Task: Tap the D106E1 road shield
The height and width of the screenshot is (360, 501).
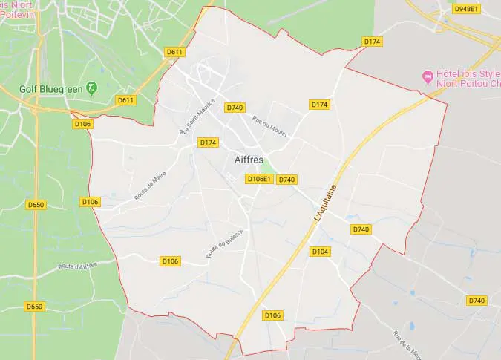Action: coord(259,179)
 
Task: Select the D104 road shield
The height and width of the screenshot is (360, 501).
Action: coord(320,252)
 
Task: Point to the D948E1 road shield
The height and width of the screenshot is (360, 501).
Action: coord(467,9)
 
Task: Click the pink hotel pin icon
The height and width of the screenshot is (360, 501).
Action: coord(427,76)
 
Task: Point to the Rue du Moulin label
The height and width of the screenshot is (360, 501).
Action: coord(269,126)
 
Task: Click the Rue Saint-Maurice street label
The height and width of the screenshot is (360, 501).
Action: coord(197,116)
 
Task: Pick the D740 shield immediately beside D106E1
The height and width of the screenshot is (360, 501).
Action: coord(287,180)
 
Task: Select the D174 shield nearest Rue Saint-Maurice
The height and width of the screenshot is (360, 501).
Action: coord(208,142)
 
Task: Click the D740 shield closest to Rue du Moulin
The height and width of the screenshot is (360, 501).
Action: coord(235,108)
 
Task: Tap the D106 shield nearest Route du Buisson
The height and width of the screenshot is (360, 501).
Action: coord(171,261)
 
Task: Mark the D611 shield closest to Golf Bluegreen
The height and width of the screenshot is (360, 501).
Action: coord(125,100)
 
